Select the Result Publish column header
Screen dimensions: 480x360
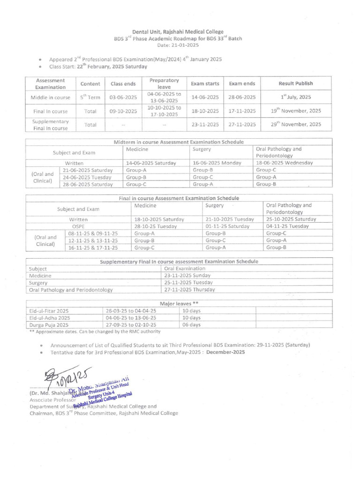(296, 83)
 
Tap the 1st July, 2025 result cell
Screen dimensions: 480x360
(296, 97)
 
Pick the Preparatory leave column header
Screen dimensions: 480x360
(161, 83)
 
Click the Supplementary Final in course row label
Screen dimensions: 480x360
(46, 125)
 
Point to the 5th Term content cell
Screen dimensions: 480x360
(90, 97)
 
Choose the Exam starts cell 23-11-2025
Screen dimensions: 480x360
(205, 125)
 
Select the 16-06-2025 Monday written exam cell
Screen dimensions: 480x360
(217, 163)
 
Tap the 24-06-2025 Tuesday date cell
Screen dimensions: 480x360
(88, 177)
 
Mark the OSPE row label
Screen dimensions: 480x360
(78, 226)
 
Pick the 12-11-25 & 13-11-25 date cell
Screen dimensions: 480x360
(93, 240)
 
